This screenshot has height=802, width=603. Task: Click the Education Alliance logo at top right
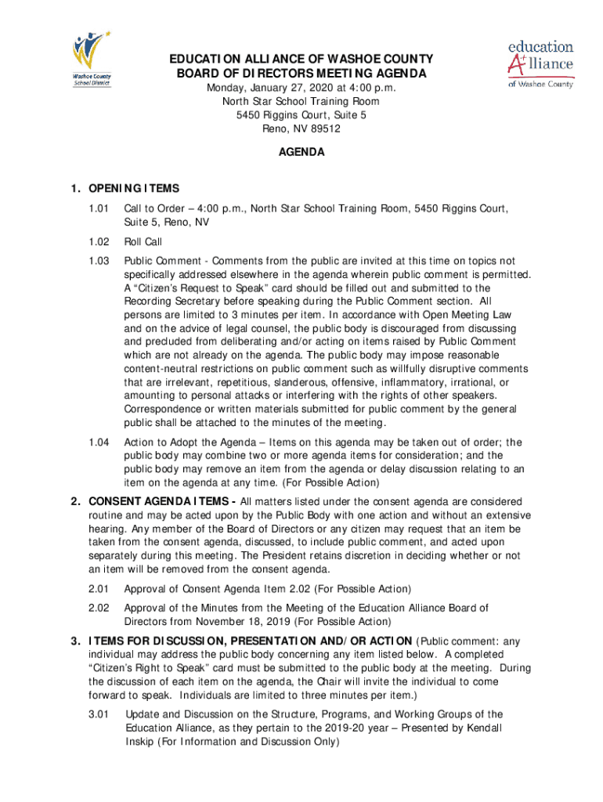click(541, 63)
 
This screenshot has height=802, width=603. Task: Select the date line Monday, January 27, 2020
click(301, 89)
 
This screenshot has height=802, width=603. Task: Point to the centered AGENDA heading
click(301, 153)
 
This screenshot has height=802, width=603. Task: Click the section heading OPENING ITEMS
click(134, 189)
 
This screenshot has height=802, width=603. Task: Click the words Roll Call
click(143, 242)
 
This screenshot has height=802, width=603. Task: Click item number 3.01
click(99, 714)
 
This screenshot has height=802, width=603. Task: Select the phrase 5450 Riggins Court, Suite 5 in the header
click(301, 115)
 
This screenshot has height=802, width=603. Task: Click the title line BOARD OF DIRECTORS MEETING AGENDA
click(301, 74)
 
